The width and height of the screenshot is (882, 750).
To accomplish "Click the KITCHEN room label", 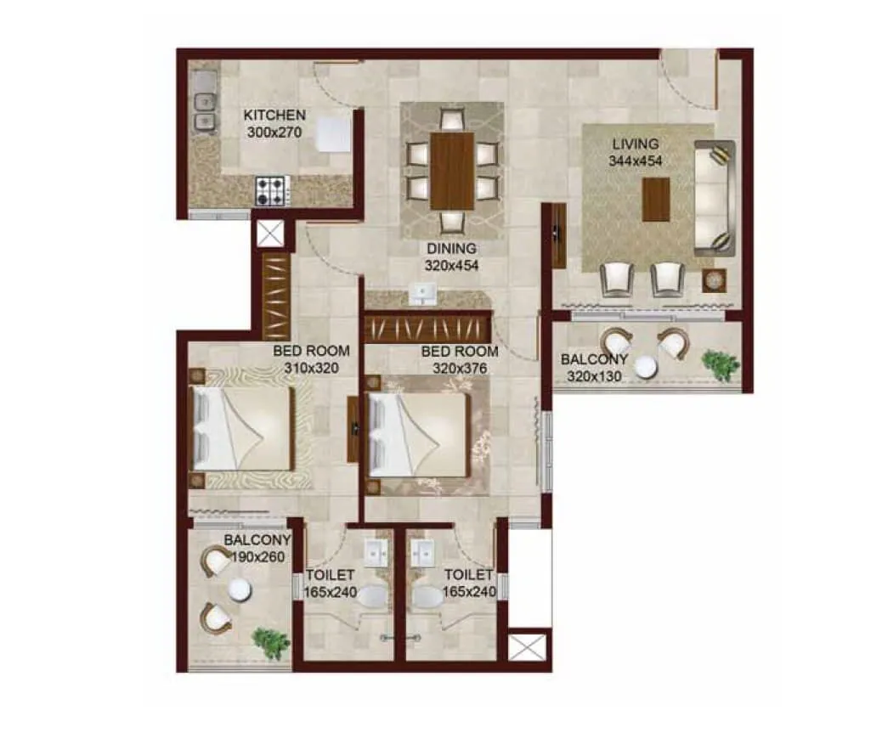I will pyautogui.click(x=274, y=116).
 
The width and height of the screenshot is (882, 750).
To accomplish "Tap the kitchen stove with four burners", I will pyautogui.click(x=273, y=190).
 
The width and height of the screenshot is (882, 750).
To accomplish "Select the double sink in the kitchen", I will pyautogui.click(x=204, y=112).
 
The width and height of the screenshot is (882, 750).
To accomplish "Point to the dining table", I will pyautogui.click(x=451, y=171).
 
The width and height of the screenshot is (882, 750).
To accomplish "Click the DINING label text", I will pyautogui.click(x=452, y=249).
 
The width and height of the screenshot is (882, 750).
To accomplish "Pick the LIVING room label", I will pyautogui.click(x=634, y=144).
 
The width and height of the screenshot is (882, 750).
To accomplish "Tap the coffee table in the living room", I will pyautogui.click(x=656, y=200).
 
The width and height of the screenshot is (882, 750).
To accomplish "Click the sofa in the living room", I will pyautogui.click(x=714, y=198).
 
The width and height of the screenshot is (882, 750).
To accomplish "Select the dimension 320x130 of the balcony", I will pyautogui.click(x=594, y=376).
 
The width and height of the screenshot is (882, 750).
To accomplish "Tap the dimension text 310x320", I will pyautogui.click(x=311, y=368).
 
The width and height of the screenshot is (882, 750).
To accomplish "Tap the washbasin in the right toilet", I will pyautogui.click(x=422, y=554).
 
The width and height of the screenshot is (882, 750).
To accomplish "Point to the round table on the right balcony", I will pyautogui.click(x=648, y=366).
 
